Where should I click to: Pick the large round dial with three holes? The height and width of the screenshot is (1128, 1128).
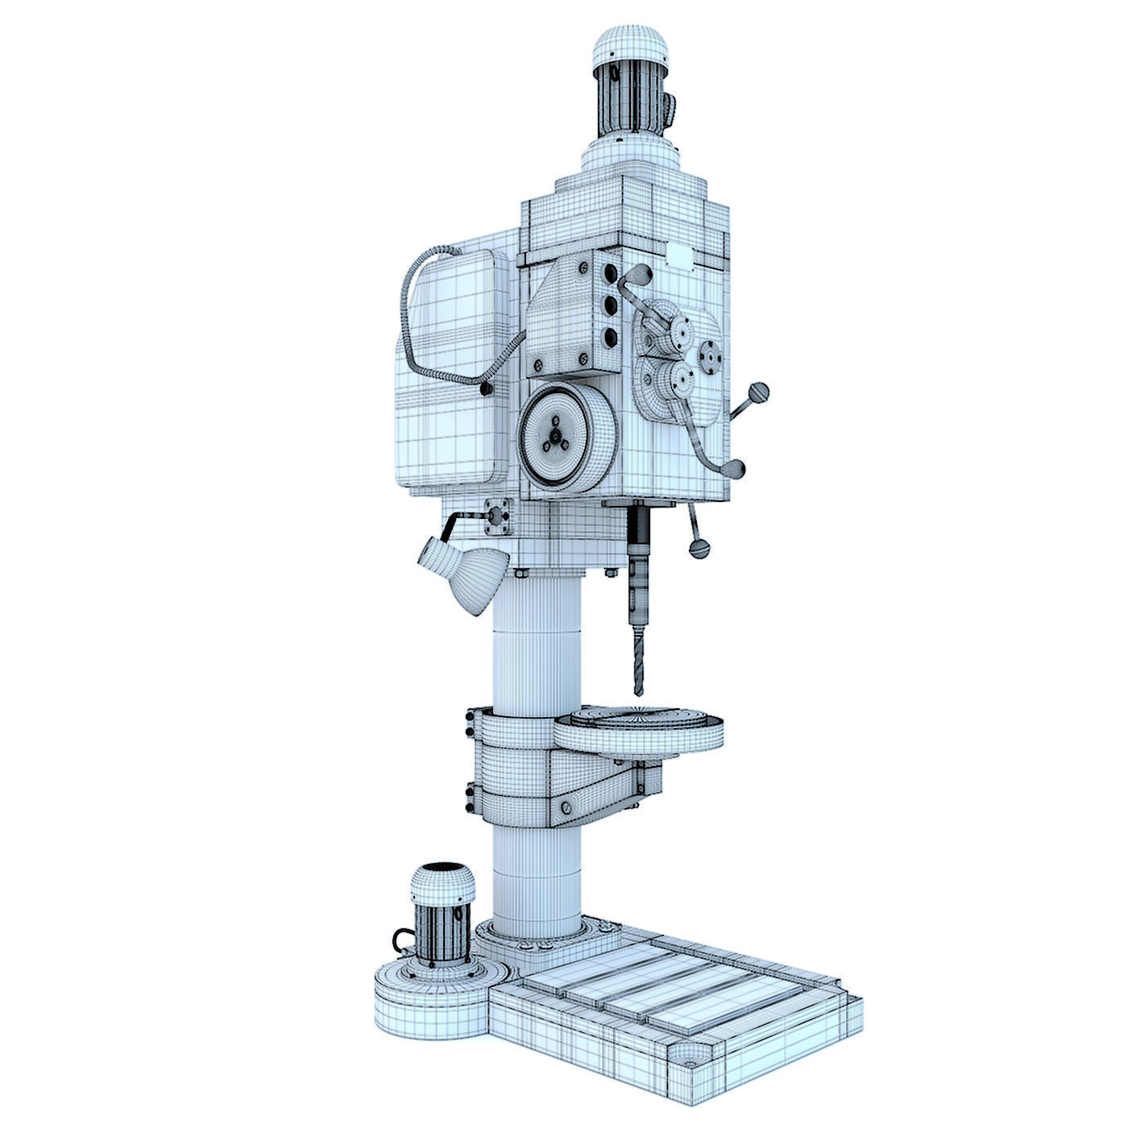coord(554,436)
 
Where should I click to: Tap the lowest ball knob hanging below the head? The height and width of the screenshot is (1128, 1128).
coord(699,549)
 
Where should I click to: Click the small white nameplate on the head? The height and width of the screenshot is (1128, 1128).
coord(678,256)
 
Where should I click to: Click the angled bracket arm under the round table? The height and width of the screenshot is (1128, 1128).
coord(600,790)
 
